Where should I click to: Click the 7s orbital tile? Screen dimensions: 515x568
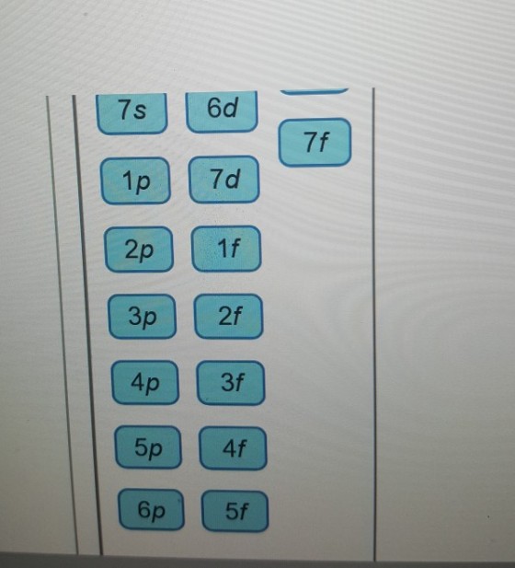(132, 113)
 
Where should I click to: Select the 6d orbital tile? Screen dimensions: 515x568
(222, 111)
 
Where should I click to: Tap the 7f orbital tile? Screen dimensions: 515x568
(315, 142)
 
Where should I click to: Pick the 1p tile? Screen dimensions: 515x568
(136, 180)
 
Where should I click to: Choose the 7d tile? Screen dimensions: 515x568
(224, 179)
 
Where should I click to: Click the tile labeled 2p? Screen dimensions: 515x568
(139, 249)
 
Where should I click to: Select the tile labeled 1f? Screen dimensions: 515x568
(226, 249)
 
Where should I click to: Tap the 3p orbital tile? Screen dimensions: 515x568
(143, 317)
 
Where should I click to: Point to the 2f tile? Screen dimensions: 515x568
(229, 317)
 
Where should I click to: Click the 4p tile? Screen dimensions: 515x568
(145, 383)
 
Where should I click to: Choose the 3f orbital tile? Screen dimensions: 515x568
(231, 383)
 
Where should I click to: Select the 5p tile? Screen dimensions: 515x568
(148, 447)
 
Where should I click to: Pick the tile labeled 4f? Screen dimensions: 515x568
(234, 448)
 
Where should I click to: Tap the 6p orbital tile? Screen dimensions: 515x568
(151, 510)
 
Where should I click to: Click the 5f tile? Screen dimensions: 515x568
(235, 511)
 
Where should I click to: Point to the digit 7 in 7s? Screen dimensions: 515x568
(124, 110)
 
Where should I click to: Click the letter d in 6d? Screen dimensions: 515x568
(231, 107)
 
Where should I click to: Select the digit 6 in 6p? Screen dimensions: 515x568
(143, 508)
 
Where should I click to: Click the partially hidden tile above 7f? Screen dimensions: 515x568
(315, 91)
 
